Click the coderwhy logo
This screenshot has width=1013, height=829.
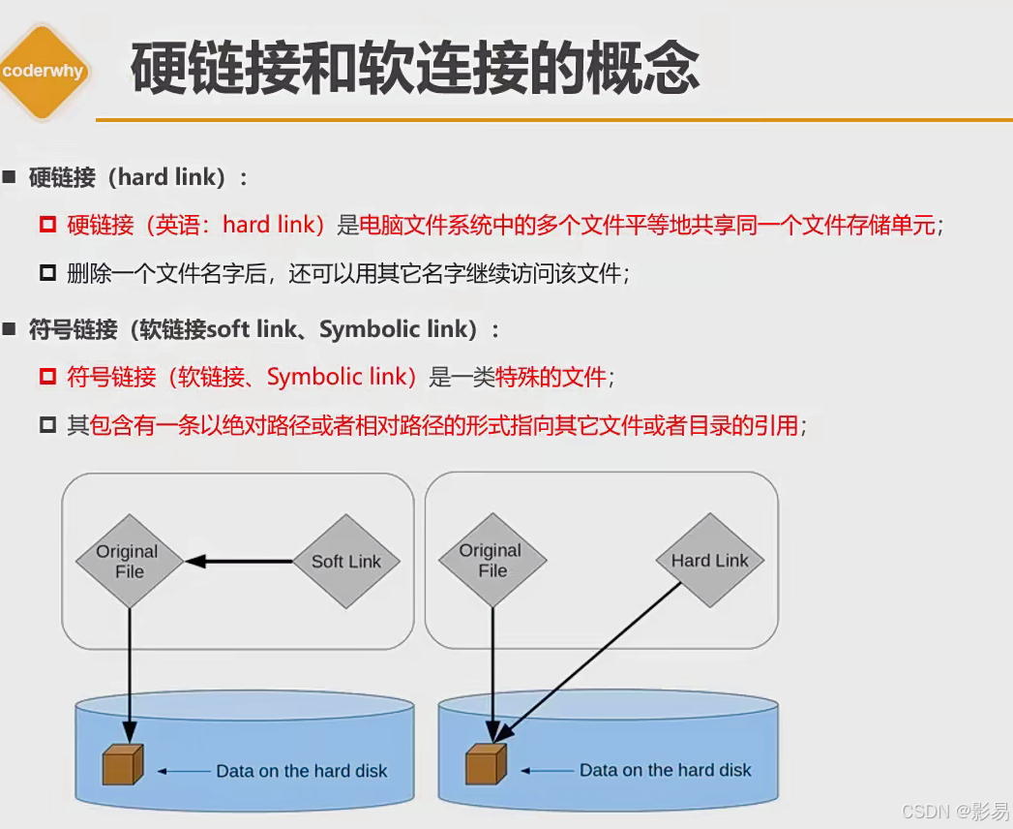[x=44, y=72]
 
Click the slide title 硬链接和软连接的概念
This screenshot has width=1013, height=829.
[x=414, y=70]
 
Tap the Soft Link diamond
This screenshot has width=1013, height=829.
[x=345, y=561]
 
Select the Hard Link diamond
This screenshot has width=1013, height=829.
[x=709, y=560]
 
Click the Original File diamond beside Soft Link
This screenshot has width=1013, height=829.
[x=129, y=561]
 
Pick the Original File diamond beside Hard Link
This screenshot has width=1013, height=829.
[x=492, y=560]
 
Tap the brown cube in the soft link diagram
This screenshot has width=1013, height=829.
[x=123, y=765]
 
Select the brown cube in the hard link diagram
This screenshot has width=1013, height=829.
[x=486, y=764]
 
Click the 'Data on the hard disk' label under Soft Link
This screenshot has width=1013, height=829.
[x=301, y=771]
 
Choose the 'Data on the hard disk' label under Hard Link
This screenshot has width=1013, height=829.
[x=665, y=770]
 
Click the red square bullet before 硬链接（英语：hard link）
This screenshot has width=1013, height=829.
[x=47, y=225]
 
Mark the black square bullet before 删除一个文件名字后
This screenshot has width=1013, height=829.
[x=47, y=273]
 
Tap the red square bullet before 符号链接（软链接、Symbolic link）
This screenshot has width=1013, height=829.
[x=47, y=377]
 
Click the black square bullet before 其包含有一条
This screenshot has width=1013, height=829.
[x=47, y=425]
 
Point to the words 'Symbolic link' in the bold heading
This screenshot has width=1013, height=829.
[x=398, y=329]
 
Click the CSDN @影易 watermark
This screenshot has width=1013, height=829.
[x=954, y=810]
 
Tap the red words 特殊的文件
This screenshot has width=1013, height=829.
[x=551, y=377]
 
